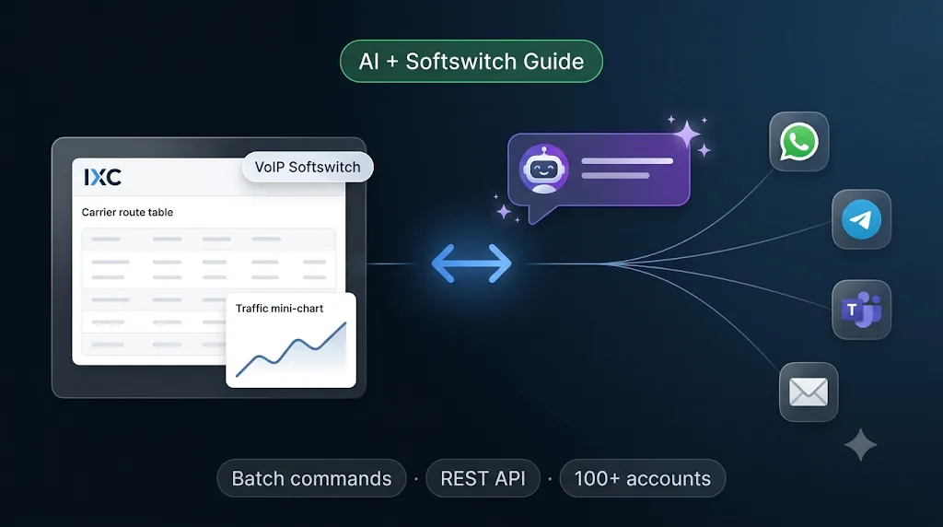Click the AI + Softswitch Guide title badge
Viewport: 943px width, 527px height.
pyautogui.click(x=471, y=62)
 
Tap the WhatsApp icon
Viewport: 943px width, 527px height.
pyautogui.click(x=798, y=142)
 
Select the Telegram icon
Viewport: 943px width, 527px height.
pyautogui.click(x=861, y=219)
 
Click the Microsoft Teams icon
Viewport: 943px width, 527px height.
pyautogui.click(x=861, y=310)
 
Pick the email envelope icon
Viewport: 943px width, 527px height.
pyautogui.click(x=809, y=392)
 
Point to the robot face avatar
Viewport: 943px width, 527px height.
pyautogui.click(x=543, y=169)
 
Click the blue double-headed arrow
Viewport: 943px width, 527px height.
pyautogui.click(x=471, y=263)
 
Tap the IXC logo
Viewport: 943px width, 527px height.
pyautogui.click(x=103, y=177)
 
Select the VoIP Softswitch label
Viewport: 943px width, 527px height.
pyautogui.click(x=308, y=168)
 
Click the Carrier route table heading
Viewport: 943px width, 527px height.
pyautogui.click(x=127, y=212)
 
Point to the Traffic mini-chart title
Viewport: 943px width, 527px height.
pyautogui.click(x=280, y=309)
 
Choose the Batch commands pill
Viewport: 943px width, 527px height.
pyautogui.click(x=311, y=478)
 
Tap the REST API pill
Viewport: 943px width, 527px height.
pyautogui.click(x=483, y=478)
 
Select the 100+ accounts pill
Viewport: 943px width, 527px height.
pyautogui.click(x=642, y=478)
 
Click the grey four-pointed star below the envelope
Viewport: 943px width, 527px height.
pyautogui.click(x=861, y=445)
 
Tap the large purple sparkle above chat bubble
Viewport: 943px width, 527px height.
pyautogui.click(x=687, y=134)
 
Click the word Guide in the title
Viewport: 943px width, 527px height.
pyautogui.click(x=553, y=62)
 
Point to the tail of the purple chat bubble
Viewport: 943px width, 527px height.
pyautogui.click(x=538, y=215)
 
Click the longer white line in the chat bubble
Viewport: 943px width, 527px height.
pyautogui.click(x=627, y=161)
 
